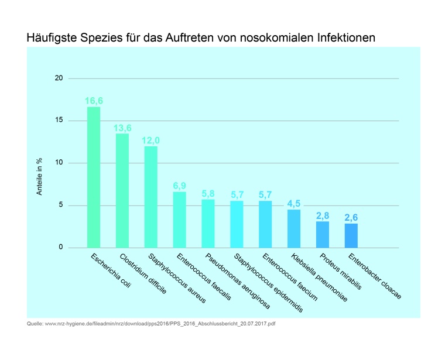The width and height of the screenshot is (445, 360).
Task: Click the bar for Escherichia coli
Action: pos(94,177)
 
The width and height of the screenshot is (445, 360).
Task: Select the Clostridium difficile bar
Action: pos(122,190)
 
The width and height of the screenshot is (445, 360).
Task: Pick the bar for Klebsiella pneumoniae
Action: pos(294,228)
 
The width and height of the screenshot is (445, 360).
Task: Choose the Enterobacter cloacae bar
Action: pos(351,235)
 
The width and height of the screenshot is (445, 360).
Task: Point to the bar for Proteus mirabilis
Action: pos(323,234)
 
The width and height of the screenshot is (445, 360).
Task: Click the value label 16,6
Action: pos(94,101)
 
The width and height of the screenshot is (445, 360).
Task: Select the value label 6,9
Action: pos(180,186)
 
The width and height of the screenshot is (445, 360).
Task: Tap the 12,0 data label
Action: pos(151,140)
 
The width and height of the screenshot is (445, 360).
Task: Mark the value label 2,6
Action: pos(351,218)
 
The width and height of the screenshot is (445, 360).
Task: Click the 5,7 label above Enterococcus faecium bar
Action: pos(265,194)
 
